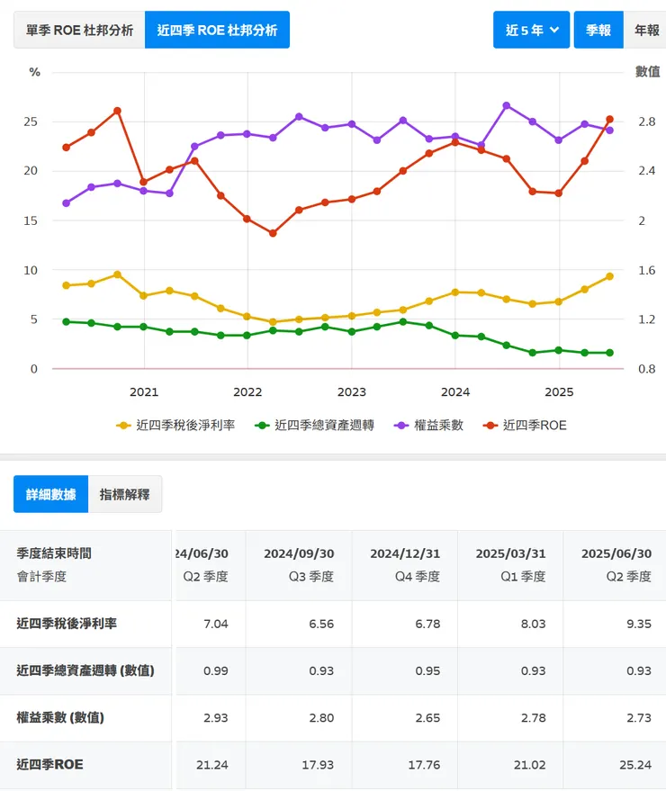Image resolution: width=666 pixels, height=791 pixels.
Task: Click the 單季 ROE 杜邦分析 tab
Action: [79, 30]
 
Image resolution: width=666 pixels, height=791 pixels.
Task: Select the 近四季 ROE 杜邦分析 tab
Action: [217, 30]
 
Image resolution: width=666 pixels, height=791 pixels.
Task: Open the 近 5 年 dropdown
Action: [531, 30]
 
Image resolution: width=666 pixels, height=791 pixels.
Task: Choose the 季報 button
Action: [598, 30]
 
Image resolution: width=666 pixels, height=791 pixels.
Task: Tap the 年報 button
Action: [646, 30]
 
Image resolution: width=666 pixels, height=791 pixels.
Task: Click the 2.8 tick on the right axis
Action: [647, 121]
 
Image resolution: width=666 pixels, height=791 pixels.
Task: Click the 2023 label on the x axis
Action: [351, 391]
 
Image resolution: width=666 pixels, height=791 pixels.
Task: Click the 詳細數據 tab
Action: [51, 494]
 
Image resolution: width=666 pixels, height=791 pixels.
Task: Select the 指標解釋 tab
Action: [125, 494]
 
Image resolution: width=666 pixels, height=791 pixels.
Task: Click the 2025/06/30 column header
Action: [616, 553]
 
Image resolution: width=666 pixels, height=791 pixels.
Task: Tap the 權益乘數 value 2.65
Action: [425, 718]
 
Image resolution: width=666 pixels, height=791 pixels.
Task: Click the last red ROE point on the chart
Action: [609, 119]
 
